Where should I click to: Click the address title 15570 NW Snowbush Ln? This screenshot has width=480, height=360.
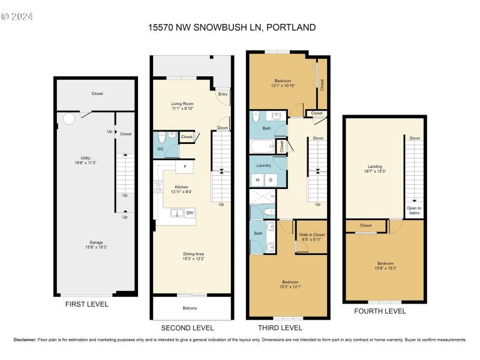point(232,27)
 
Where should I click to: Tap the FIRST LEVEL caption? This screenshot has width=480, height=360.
point(86,304)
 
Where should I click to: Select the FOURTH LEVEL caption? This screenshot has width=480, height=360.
point(380,311)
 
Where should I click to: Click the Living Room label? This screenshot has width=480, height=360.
point(182,105)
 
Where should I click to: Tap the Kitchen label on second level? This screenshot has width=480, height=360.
point(182,188)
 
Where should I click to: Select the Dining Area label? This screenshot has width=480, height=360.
point(193,256)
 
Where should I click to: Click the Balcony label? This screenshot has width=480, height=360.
point(190,308)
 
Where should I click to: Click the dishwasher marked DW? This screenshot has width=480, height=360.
point(190,212)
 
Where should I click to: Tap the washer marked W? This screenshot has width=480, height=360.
point(257,179)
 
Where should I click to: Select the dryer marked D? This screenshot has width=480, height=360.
point(270,179)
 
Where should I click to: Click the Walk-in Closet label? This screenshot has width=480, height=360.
point(312,236)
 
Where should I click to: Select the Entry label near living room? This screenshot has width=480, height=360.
point(223,94)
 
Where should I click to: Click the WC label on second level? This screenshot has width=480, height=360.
point(160,149)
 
